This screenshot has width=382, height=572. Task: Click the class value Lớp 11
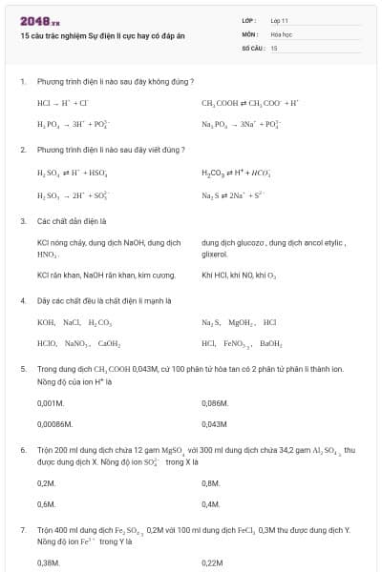[x=280, y=19]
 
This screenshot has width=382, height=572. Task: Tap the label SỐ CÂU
[x=251, y=47]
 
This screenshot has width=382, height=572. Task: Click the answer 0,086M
[x=215, y=403]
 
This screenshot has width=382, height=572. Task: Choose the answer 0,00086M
[x=55, y=423]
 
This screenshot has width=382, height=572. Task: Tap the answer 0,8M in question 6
[x=211, y=483]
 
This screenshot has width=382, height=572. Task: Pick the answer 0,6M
[x=46, y=503]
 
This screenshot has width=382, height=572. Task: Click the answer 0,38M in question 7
[x=48, y=563]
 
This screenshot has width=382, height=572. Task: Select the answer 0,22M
[x=213, y=563]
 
